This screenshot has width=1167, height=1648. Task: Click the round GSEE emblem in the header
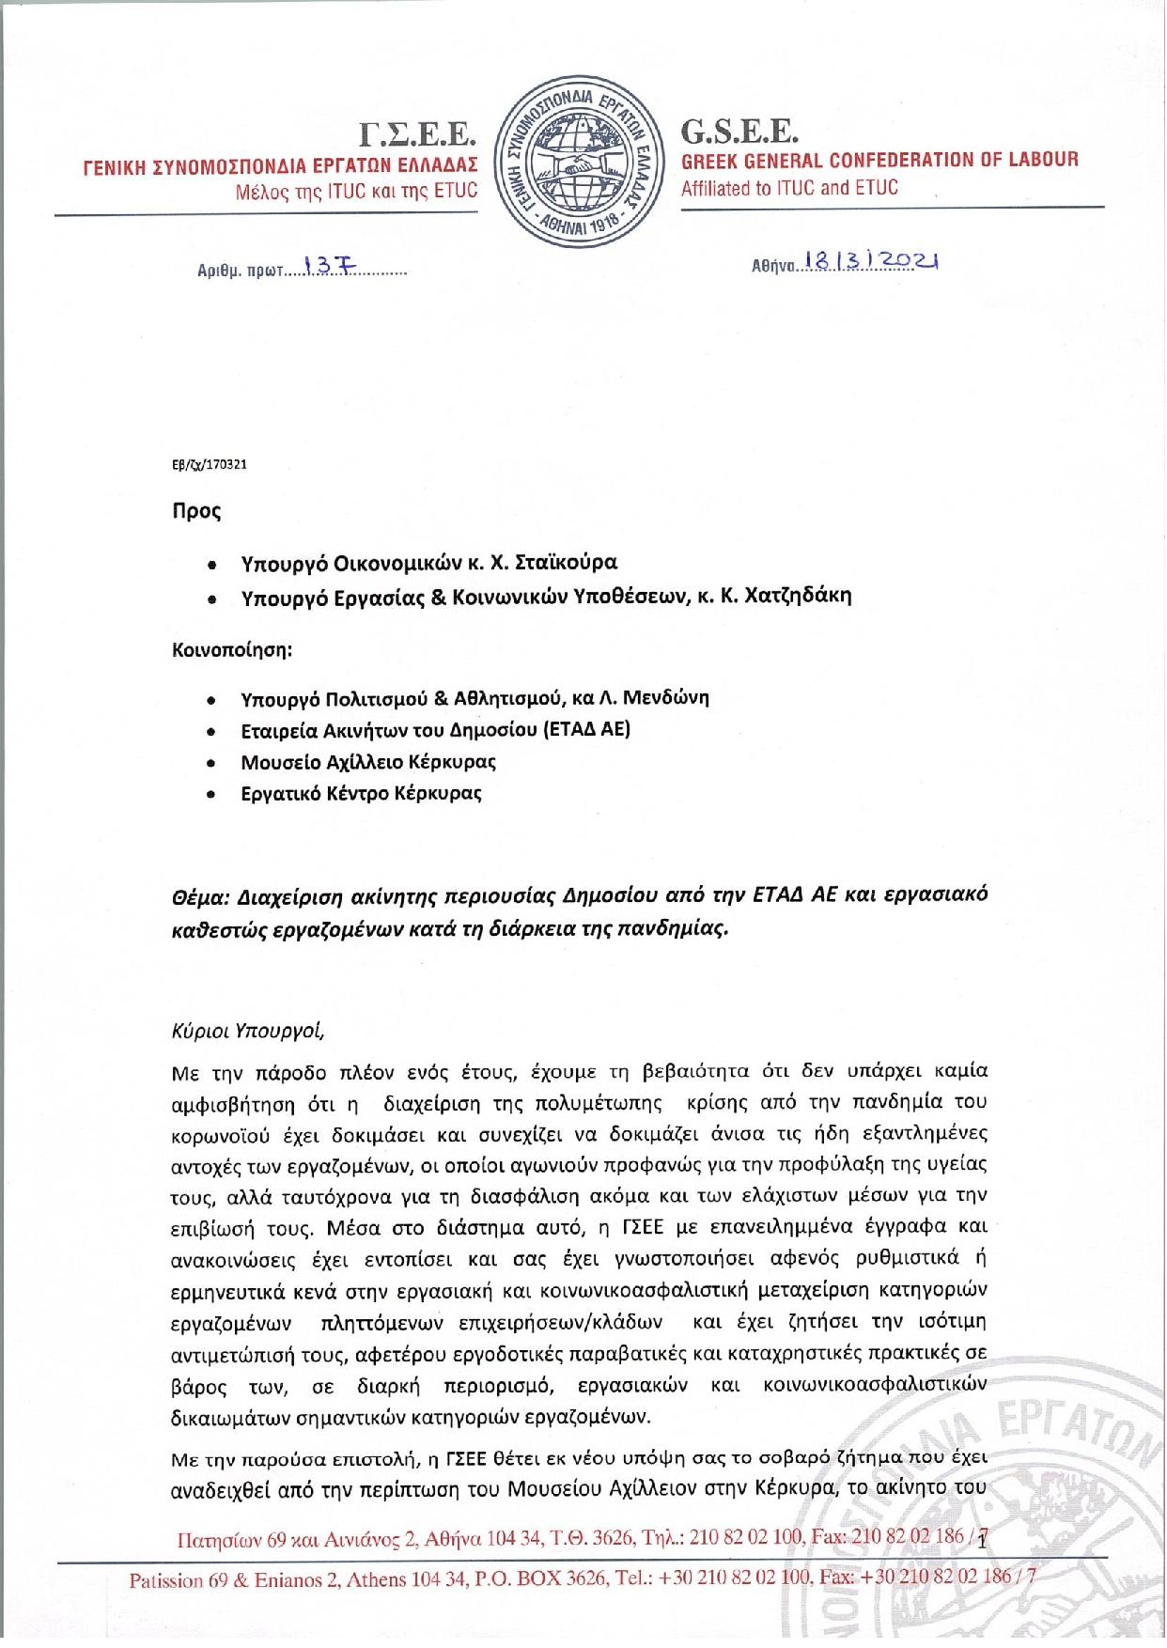(x=581, y=159)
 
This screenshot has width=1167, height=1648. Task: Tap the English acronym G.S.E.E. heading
(x=739, y=131)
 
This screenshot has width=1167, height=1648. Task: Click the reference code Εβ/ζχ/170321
(x=209, y=464)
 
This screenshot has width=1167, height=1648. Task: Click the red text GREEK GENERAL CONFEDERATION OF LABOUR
(x=879, y=160)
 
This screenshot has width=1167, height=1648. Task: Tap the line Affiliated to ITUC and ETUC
(x=789, y=188)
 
